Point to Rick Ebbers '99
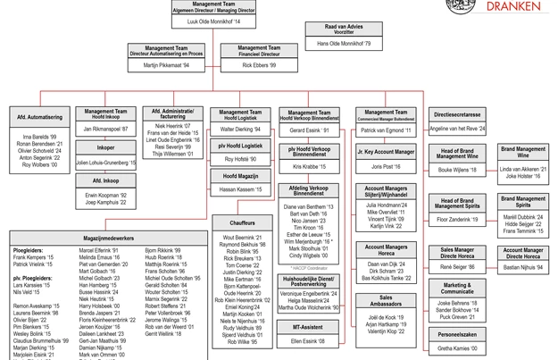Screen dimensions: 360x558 coord(260,65)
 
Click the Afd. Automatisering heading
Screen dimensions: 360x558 coord(39,117)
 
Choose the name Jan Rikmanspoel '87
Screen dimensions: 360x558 coord(106,130)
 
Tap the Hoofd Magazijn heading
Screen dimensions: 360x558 coord(229,177)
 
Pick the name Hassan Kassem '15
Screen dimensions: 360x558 coord(229,189)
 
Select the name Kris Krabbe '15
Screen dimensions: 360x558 coord(310,166)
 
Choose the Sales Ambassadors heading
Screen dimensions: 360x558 coord(386,300)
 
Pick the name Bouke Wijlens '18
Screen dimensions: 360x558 coord(457,168)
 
